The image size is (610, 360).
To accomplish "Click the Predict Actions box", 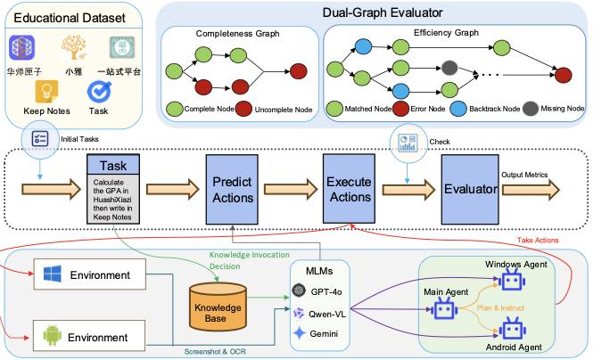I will [231, 188].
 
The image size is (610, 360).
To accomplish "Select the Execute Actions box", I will [347, 188].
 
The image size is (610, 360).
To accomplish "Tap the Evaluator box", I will [468, 188].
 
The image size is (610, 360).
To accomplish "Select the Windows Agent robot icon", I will [511, 282].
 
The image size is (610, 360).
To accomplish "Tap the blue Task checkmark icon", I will [98, 91].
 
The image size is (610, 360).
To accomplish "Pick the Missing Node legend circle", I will [531, 108].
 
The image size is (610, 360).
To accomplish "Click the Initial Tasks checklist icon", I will [41, 138].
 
